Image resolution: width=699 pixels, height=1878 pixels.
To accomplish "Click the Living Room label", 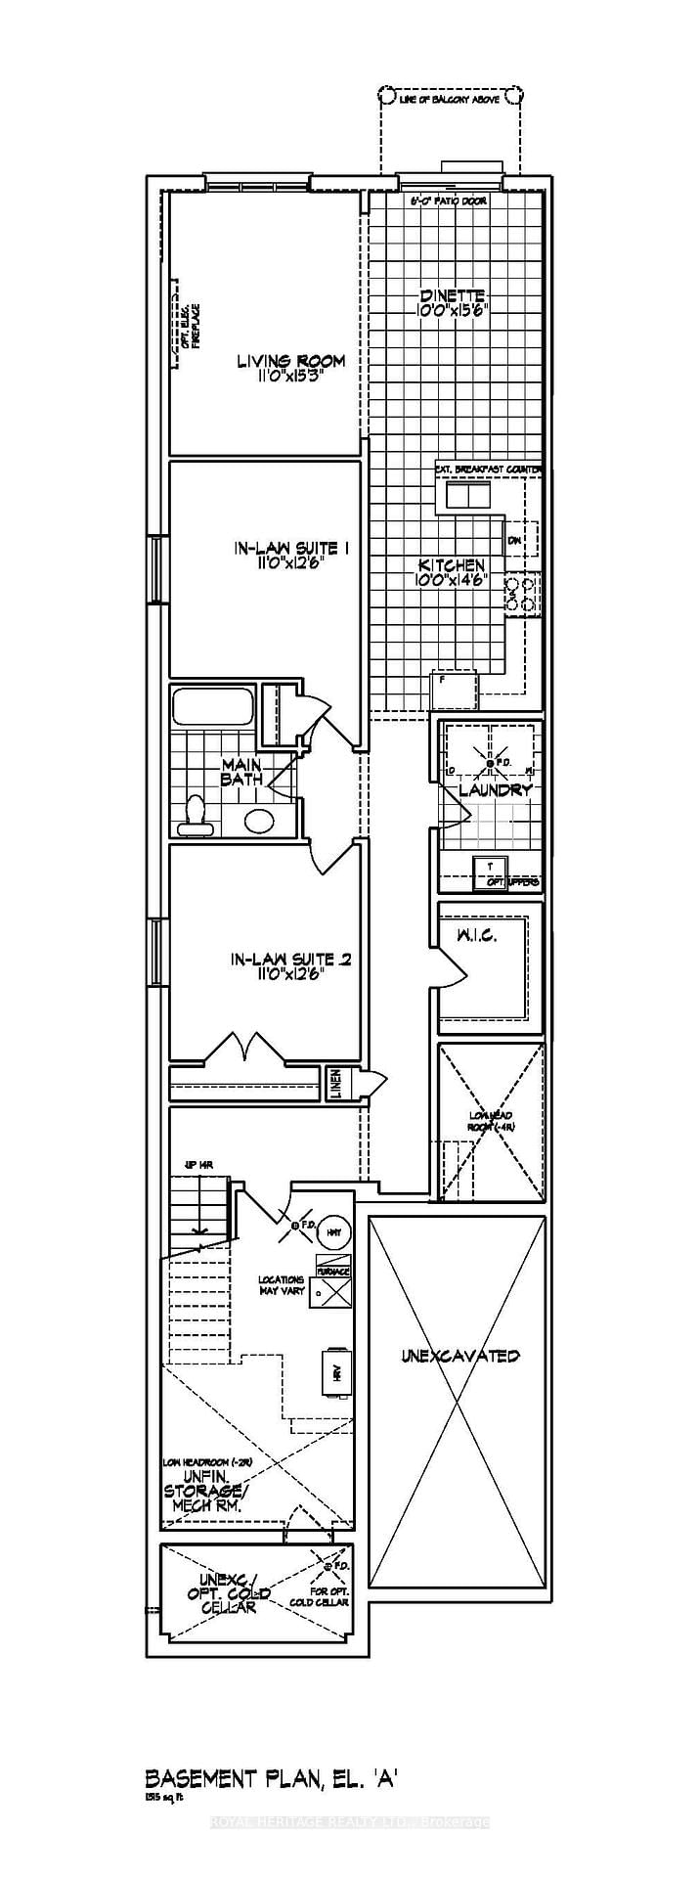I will click(x=290, y=361).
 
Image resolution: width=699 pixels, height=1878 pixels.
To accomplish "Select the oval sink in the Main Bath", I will click(x=260, y=821).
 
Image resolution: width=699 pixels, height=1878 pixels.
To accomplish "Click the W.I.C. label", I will click(x=476, y=935).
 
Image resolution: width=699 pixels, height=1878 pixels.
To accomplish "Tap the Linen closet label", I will click(x=335, y=1084).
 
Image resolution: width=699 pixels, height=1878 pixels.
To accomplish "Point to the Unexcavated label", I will click(x=459, y=1356).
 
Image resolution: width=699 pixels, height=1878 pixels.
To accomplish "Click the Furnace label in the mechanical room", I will click(x=333, y=1272).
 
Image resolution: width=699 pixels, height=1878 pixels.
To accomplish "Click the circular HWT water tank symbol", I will click(x=335, y=1231).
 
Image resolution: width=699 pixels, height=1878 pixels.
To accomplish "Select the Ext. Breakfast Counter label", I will click(x=488, y=470).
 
